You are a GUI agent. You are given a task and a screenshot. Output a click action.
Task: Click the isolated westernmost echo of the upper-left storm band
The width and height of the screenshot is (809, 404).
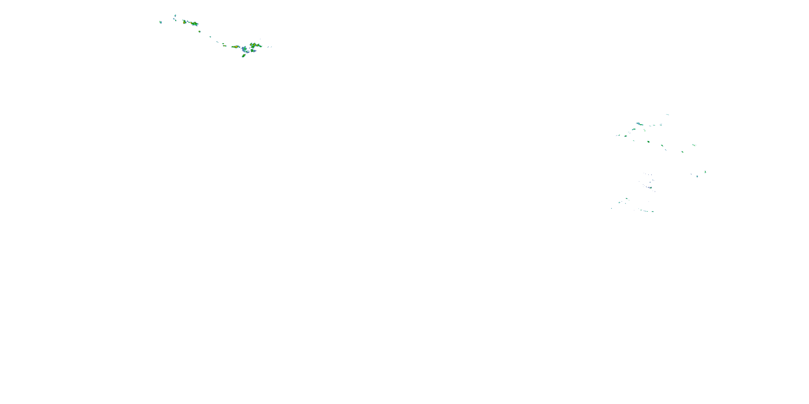pyautogui.click(x=160, y=22)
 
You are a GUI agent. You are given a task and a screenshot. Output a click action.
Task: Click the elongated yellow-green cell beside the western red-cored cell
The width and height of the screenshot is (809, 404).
pyautogui.click(x=194, y=23)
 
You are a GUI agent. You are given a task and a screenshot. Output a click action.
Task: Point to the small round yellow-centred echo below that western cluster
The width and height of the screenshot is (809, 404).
pyautogui.click(x=200, y=32)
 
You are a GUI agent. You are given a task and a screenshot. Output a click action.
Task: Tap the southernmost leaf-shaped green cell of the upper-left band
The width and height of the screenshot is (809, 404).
pyautogui.click(x=244, y=56)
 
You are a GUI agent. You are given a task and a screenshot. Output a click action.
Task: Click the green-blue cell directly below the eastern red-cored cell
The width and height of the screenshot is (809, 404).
pyautogui.click(x=253, y=51)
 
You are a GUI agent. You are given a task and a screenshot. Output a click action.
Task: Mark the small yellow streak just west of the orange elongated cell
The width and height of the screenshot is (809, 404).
pyautogui.click(x=225, y=46)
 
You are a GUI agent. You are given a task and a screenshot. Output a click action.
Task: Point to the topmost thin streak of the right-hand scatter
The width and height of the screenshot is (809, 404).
pyautogui.click(x=667, y=114)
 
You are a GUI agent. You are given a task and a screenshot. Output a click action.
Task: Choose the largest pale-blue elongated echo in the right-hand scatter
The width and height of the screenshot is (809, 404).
pyautogui.click(x=639, y=124)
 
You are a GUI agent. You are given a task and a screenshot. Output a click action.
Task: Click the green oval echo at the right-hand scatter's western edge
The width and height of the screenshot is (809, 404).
pyautogui.click(x=626, y=136)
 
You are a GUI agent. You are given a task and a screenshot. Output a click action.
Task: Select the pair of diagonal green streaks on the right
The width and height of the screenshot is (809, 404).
pyautogui.click(x=694, y=145)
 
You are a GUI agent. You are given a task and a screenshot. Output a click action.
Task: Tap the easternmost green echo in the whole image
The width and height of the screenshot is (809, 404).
pyautogui.click(x=705, y=172)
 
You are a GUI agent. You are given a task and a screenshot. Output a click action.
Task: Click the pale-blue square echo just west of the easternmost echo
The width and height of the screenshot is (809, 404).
pyautogui.click(x=697, y=176)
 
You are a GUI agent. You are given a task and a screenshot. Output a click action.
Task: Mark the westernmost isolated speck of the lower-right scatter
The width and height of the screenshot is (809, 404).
pyautogui.click(x=611, y=208)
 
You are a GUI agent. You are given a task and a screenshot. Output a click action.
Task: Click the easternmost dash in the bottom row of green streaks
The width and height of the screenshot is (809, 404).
pyautogui.click(x=653, y=211)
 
